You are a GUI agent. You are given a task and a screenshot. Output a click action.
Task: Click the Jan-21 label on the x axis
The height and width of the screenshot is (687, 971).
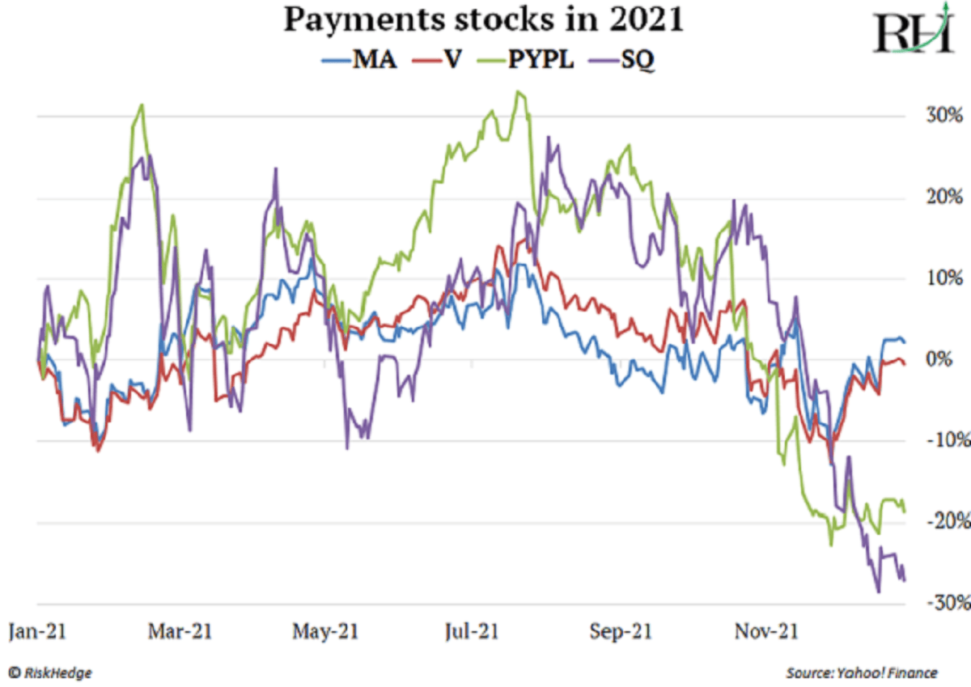pos(37,631)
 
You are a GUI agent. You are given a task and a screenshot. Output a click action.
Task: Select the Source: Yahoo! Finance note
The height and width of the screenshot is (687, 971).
pos(861,672)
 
